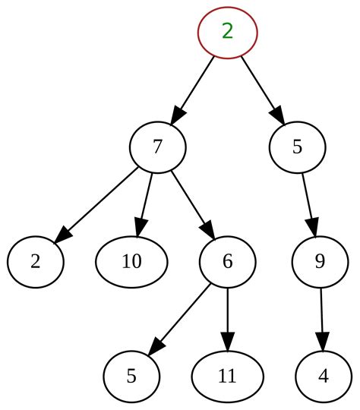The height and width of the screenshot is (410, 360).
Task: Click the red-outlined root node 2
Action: (x=227, y=32)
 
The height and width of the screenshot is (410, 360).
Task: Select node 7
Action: (x=157, y=147)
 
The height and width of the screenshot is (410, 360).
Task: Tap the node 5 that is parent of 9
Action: (x=297, y=147)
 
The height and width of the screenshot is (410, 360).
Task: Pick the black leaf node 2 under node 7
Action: (x=36, y=262)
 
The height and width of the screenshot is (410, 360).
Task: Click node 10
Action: (x=131, y=262)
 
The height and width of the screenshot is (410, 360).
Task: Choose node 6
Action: (x=227, y=262)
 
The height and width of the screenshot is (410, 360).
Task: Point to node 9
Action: (x=320, y=262)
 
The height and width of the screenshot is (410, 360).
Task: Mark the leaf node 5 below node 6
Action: (x=131, y=377)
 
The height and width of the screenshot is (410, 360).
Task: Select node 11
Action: (x=227, y=377)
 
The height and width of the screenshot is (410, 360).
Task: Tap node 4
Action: (x=324, y=377)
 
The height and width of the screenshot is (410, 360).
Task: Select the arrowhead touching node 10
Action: (x=139, y=229)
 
